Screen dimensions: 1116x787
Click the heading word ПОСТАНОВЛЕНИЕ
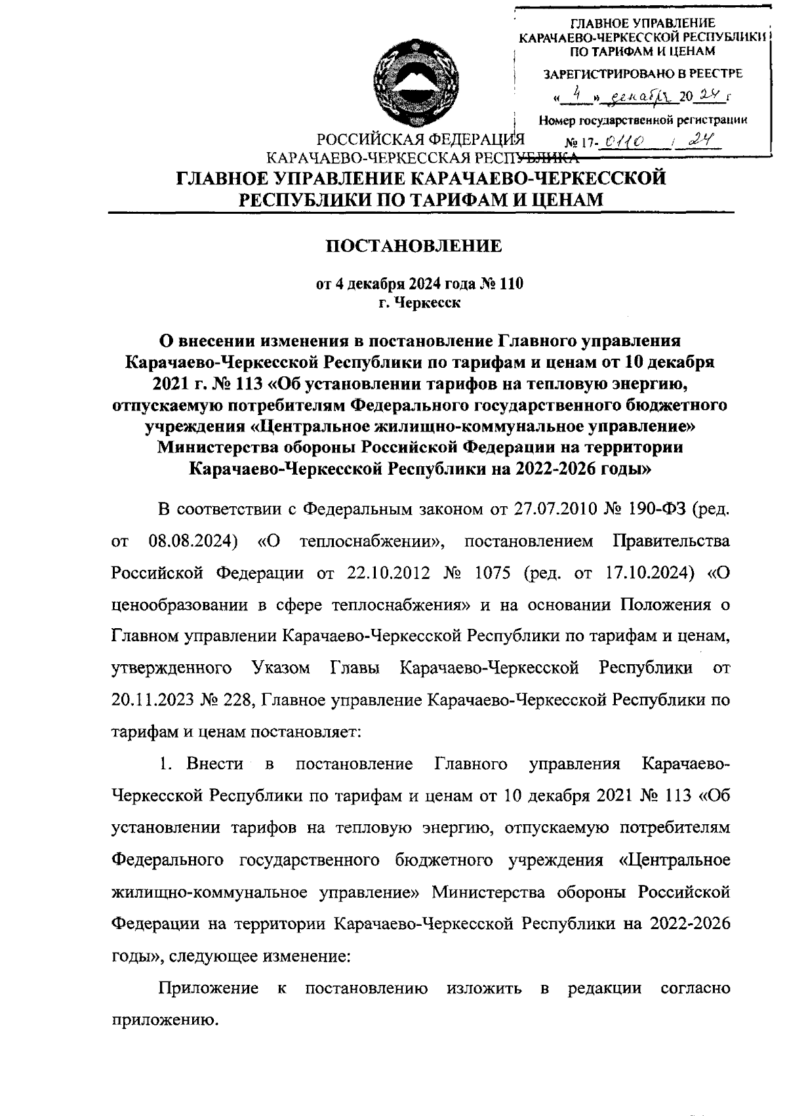coord(414,247)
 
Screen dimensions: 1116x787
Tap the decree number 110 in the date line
coord(510,285)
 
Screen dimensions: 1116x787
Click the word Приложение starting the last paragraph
coord(208,988)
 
